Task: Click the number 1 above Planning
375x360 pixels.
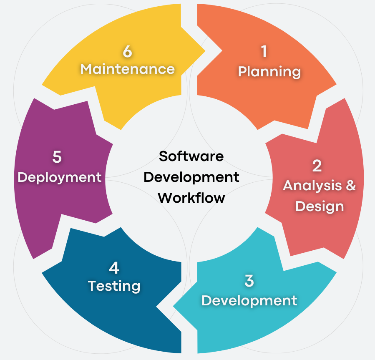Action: (264, 51)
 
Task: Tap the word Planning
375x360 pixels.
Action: (269, 72)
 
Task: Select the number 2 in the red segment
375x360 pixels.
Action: (317, 166)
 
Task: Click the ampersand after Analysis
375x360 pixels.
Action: (351, 185)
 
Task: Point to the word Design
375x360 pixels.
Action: (320, 206)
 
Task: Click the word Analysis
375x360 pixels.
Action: (312, 186)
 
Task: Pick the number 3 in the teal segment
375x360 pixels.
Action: (249, 281)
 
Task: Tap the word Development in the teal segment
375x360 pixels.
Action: (249, 301)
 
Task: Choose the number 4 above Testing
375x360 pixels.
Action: (114, 268)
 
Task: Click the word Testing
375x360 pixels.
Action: (114, 286)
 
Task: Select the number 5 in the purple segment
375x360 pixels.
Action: (57, 157)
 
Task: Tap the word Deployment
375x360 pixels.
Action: (60, 177)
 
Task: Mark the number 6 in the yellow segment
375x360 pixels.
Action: (127, 51)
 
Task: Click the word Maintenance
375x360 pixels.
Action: (128, 69)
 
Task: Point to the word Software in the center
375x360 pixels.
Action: (191, 156)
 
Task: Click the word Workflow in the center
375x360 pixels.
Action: (191, 198)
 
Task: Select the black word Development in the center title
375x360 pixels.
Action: (191, 177)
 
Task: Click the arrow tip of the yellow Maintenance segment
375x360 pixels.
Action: (205, 51)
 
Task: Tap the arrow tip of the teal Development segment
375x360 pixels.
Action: (174, 306)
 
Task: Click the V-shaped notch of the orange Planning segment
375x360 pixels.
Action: (222, 51)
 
